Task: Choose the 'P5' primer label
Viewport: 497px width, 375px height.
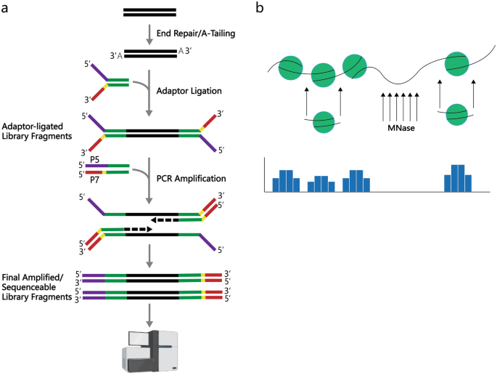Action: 95,157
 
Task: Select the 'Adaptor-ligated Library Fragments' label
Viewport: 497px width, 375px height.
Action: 42,127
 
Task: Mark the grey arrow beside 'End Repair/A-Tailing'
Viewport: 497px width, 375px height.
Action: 149,32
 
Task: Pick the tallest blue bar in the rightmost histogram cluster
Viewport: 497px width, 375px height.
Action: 457,178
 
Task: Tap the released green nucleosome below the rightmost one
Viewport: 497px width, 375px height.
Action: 458,113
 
